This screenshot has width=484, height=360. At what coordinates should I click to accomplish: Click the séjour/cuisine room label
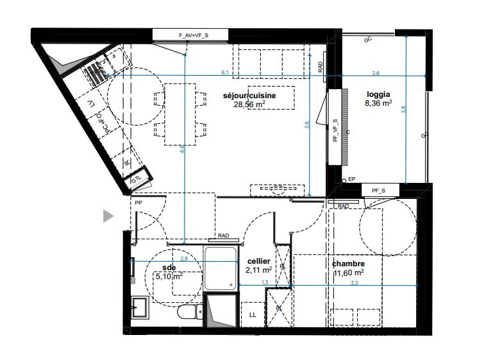(249, 96)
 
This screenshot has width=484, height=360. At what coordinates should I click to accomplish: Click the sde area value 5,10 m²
(169, 277)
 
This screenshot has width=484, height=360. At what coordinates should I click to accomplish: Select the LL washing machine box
(251, 314)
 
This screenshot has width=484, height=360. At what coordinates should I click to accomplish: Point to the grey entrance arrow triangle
(108, 217)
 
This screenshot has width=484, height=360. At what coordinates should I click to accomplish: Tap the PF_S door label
(378, 189)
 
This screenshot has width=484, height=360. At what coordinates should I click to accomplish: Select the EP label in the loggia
(351, 180)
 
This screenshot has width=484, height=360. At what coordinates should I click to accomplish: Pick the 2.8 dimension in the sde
(184, 259)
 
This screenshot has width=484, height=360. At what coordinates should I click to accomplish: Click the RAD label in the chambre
(343, 206)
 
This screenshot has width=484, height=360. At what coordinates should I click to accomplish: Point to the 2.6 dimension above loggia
(375, 73)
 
